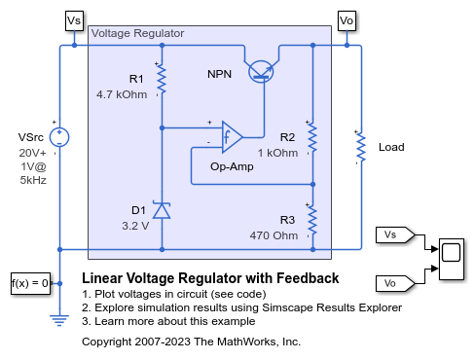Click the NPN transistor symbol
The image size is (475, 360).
click(262, 69)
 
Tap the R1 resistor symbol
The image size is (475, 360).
click(162, 81)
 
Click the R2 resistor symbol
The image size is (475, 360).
click(312, 137)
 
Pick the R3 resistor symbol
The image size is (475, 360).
click(312, 221)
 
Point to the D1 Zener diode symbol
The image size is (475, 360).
click(162, 210)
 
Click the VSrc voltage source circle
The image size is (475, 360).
click(60, 137)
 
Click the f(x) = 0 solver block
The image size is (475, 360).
click(29, 283)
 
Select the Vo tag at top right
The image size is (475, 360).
click(346, 19)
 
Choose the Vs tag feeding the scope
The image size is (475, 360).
click(394, 234)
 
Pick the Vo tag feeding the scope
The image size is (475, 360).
click(394, 282)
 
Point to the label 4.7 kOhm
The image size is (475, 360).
click(121, 95)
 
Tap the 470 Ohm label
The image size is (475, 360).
click(277, 234)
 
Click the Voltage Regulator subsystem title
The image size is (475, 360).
click(137, 33)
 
